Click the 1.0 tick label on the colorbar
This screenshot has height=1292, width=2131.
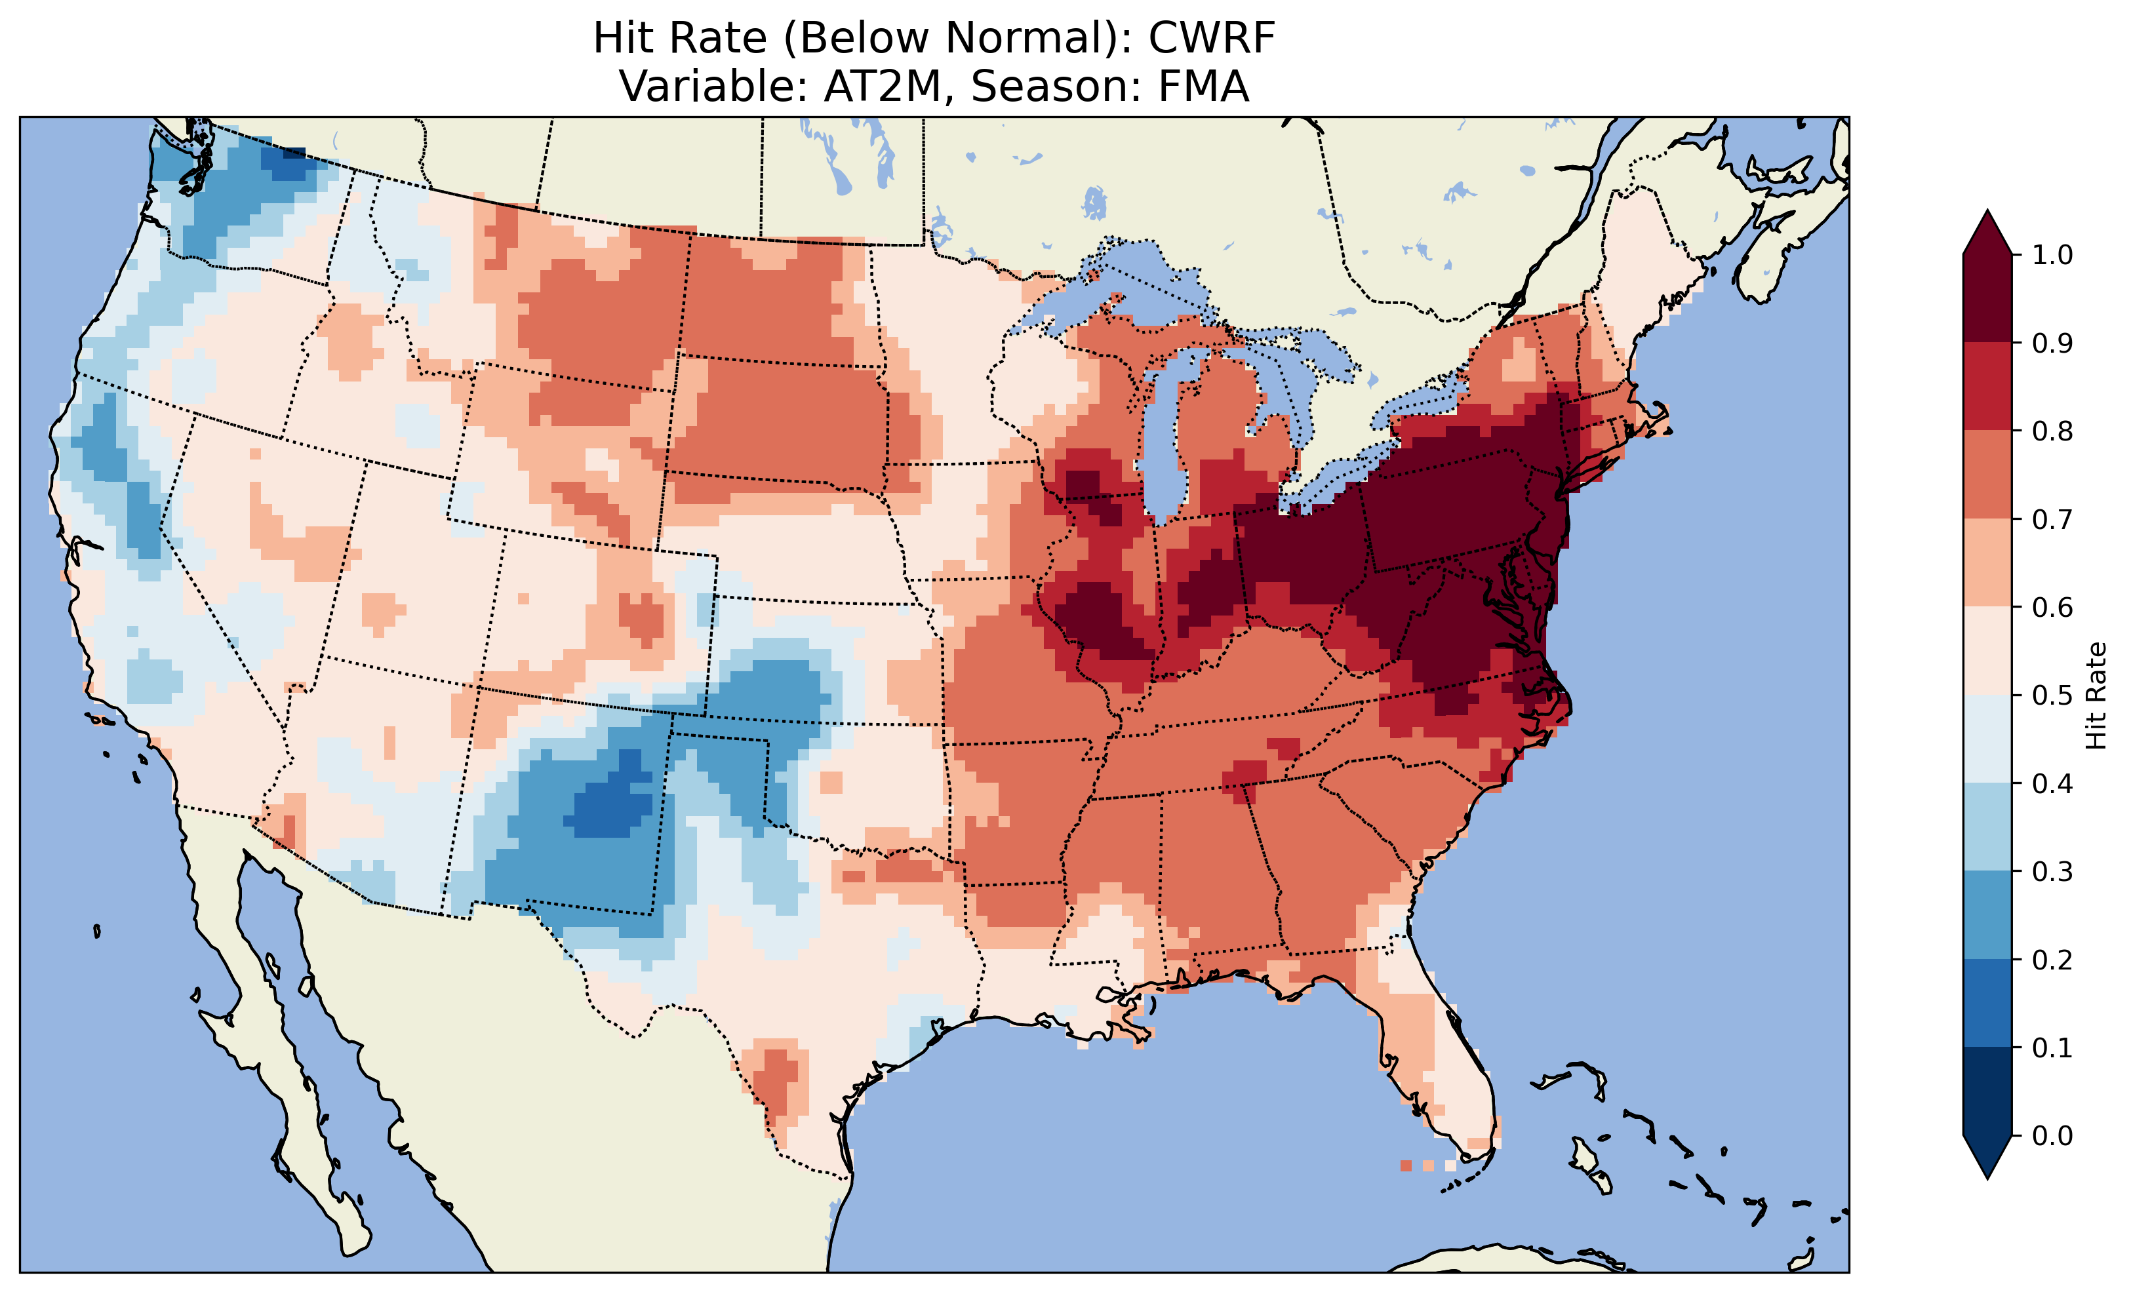coord(2052,254)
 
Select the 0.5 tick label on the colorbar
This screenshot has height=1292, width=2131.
coord(2052,695)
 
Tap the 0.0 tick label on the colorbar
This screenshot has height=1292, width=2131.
coord(2052,1135)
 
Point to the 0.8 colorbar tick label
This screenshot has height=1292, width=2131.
coord(2052,431)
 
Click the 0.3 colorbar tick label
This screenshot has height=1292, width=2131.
coord(2052,872)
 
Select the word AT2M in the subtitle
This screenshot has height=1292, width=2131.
coord(881,87)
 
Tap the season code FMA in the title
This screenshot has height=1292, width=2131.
coord(1198,87)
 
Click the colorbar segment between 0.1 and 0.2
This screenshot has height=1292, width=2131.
coord(1987,1003)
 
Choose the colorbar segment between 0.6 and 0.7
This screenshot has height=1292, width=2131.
coord(1987,562)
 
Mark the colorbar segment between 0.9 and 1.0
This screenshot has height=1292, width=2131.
coord(1987,298)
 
